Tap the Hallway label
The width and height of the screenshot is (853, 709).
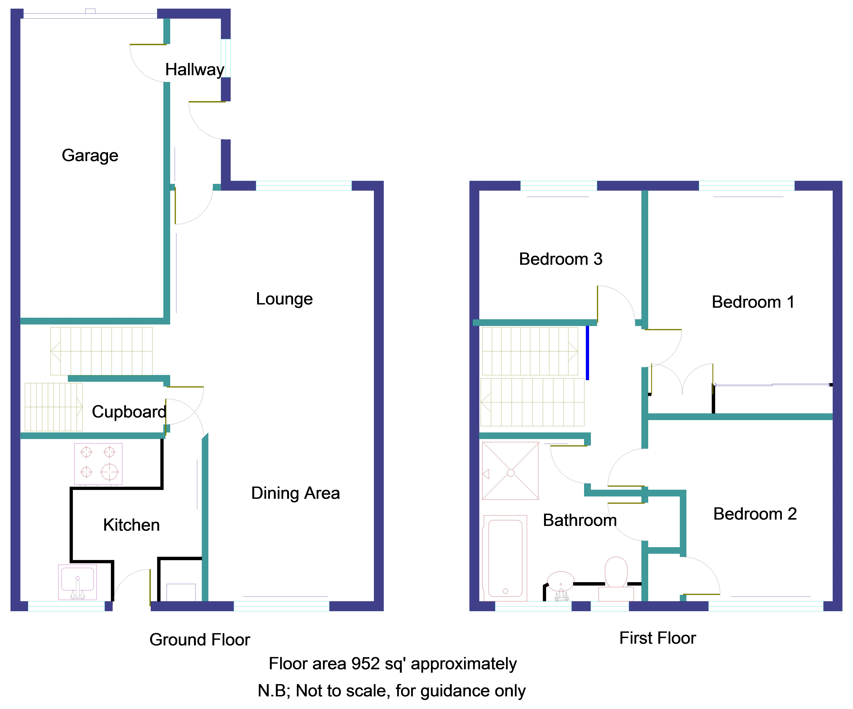pos(194,70)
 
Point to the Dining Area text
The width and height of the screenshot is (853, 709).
pos(295,493)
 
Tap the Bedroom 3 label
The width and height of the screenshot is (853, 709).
pos(561,259)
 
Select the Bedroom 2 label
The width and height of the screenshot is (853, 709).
pos(755,514)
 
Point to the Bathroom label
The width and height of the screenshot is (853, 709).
pos(580,520)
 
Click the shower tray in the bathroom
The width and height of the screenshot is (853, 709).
pos(510,471)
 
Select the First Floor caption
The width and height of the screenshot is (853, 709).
pos(657,638)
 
